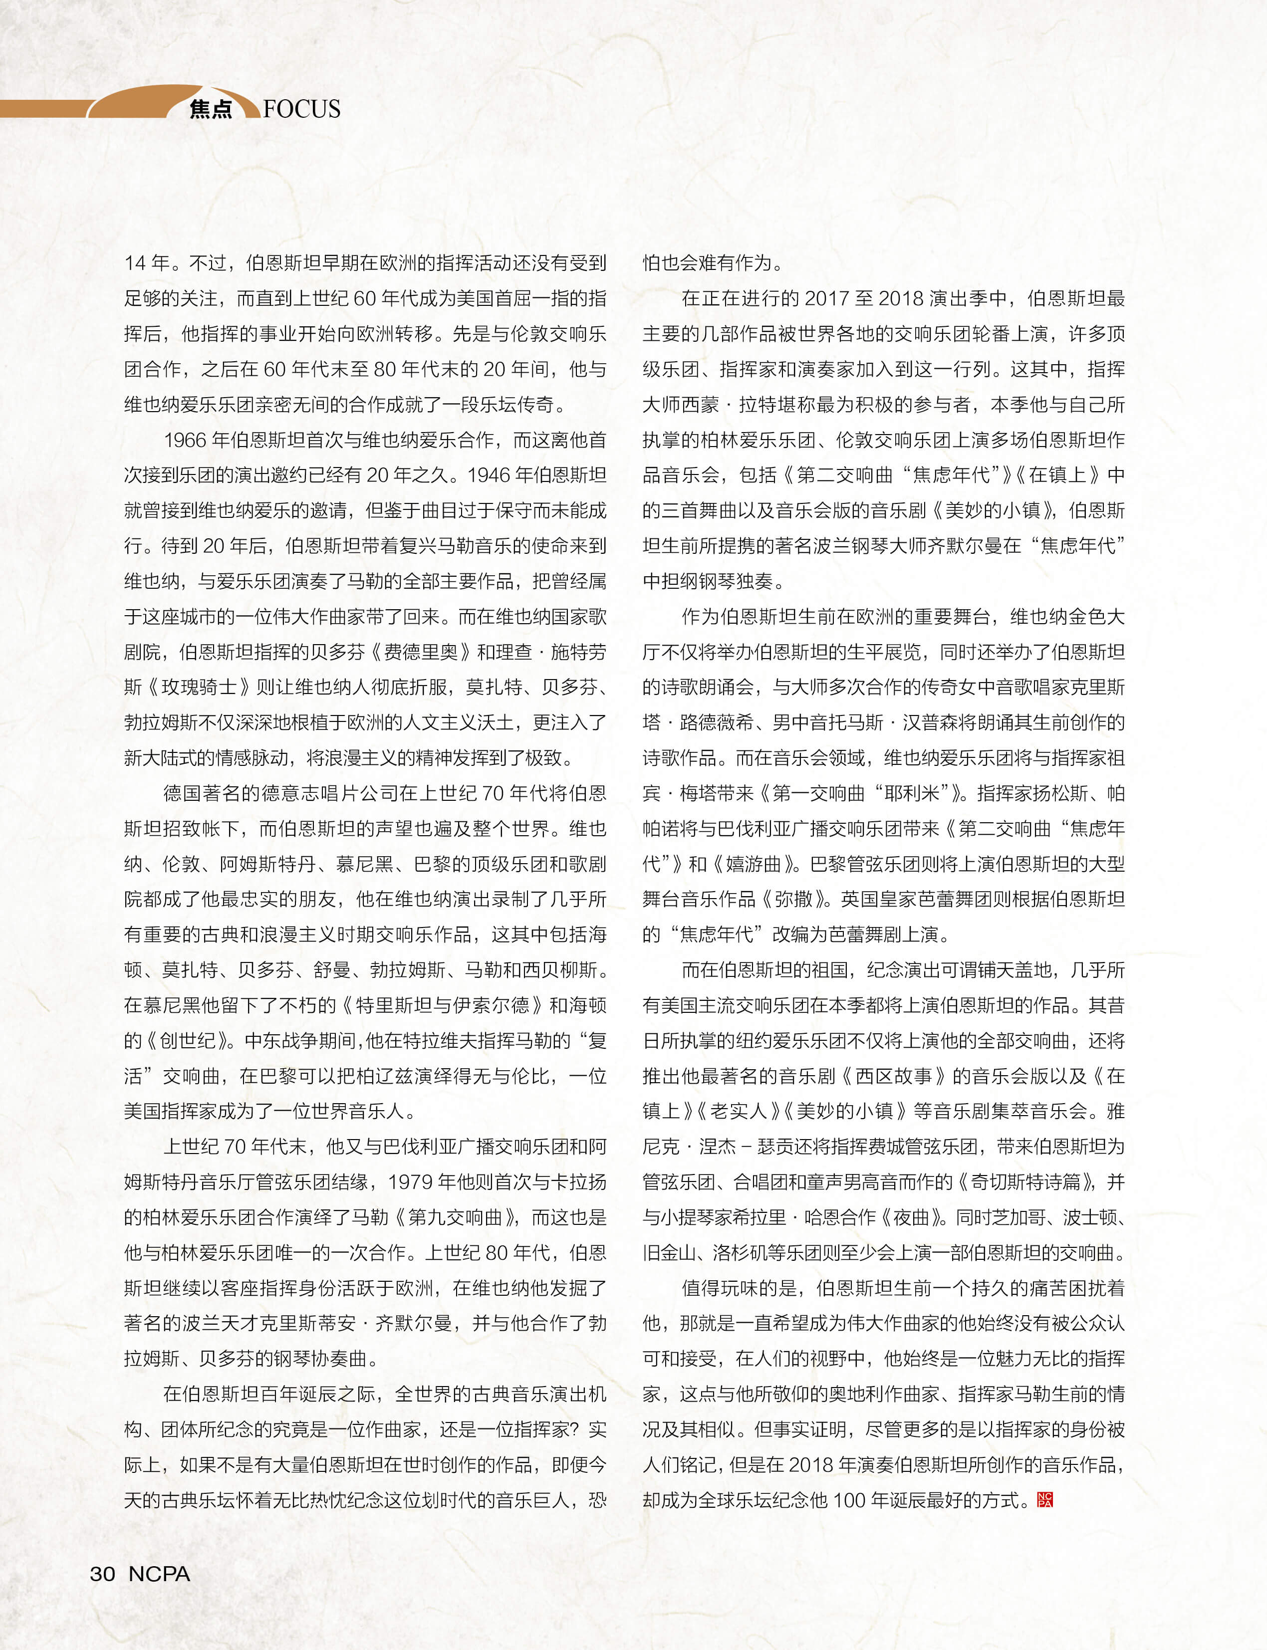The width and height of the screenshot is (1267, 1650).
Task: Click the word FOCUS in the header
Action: [302, 109]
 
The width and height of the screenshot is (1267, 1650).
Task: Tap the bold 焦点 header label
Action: [211, 109]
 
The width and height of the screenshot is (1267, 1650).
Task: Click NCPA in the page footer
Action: [159, 1573]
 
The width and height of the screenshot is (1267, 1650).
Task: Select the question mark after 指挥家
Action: [575, 1429]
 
